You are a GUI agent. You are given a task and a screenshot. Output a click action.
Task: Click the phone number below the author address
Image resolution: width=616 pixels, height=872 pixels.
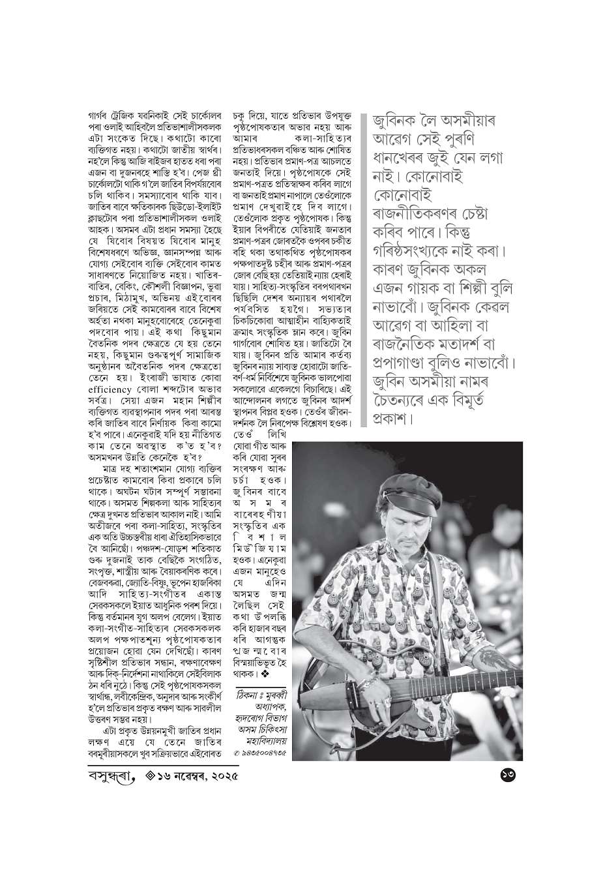click(261, 754)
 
